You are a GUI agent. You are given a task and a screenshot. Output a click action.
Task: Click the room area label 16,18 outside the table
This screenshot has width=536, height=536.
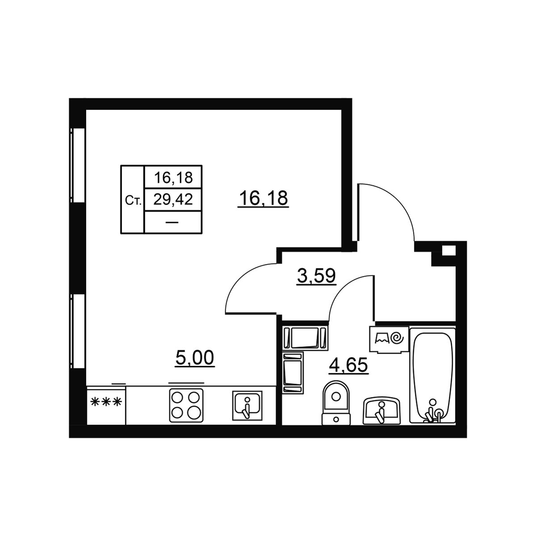263,198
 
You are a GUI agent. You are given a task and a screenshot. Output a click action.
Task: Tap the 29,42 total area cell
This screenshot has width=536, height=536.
173,199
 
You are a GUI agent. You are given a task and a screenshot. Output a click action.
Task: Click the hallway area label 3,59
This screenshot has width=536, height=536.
317,276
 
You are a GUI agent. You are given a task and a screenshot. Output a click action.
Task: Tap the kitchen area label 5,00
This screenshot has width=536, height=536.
195,358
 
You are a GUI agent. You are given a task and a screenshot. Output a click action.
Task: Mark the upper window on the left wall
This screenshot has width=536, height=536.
78,165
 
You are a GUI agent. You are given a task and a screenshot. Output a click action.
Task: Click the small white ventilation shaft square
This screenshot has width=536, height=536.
448,250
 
